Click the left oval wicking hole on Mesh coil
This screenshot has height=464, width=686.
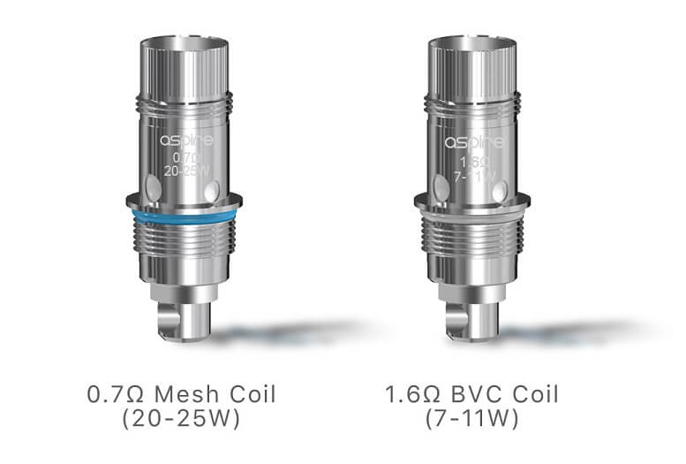tap(153, 186)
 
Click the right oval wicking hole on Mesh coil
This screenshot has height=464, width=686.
tap(211, 190)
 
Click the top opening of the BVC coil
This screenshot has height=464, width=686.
tap(473, 43)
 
